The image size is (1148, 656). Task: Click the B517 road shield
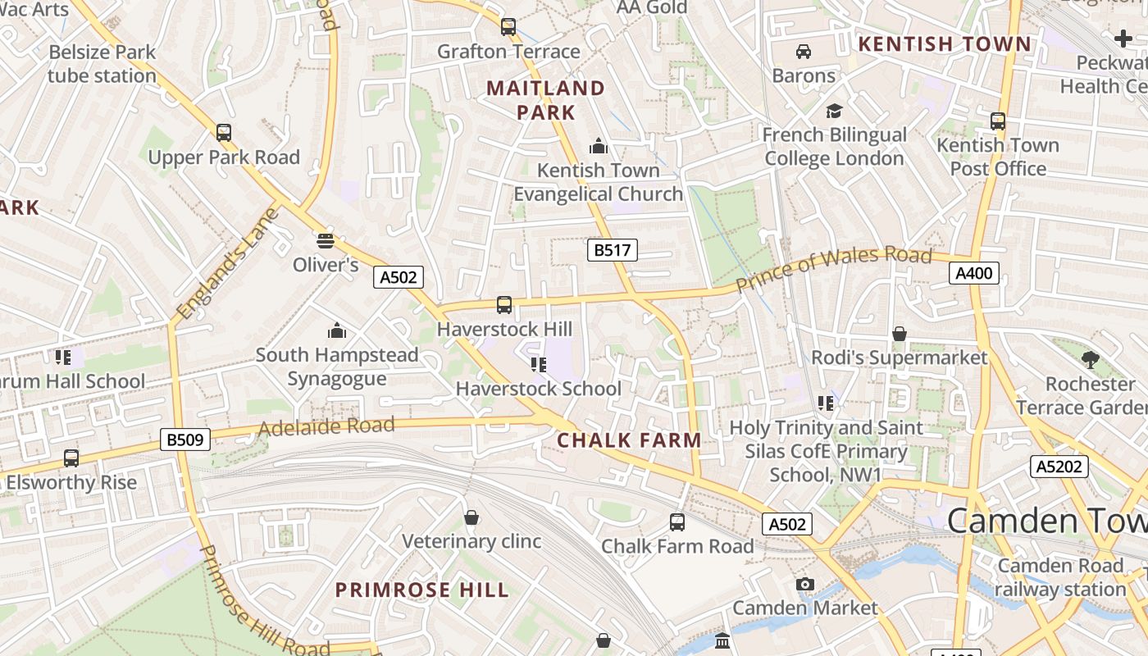[612, 250]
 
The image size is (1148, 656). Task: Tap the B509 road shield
[184, 440]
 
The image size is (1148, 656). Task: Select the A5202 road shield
[1059, 467]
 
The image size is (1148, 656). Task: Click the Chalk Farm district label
[629, 440]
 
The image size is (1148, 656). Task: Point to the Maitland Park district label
[546, 100]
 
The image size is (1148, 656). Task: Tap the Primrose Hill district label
[422, 590]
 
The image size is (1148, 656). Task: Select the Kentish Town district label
[944, 44]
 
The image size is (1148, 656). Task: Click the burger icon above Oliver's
[326, 241]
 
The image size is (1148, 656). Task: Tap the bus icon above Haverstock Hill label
[504, 305]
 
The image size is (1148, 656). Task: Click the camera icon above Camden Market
[805, 584]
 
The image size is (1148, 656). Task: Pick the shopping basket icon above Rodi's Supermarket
[900, 334]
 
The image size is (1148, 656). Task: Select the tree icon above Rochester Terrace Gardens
[1090, 359]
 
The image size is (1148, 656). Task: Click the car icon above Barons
[804, 52]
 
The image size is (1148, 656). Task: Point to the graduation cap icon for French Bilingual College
[834, 111]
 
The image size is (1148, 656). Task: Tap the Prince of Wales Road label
[834, 268]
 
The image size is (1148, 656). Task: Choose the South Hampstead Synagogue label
[337, 367]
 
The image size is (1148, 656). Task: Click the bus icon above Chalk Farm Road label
[677, 522]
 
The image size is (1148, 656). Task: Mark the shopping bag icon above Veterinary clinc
[471, 517]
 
